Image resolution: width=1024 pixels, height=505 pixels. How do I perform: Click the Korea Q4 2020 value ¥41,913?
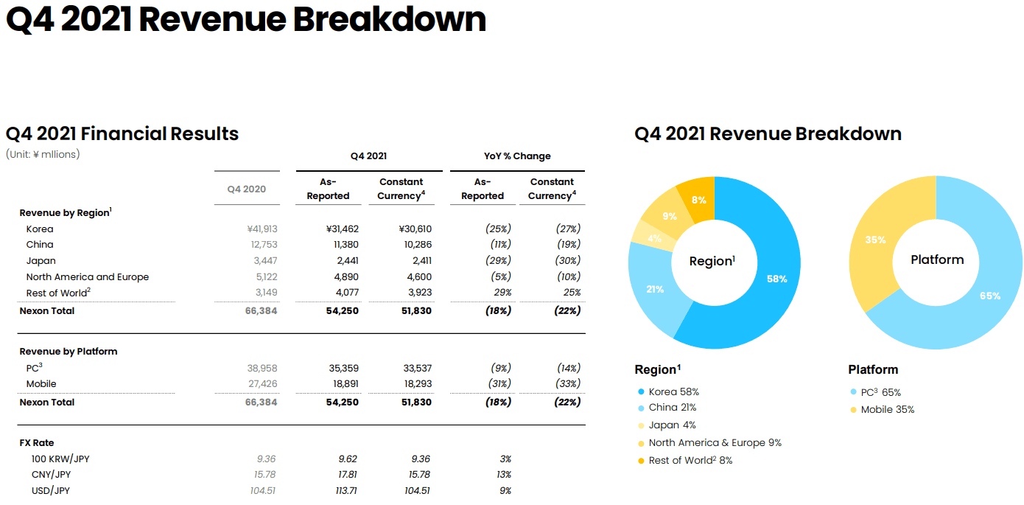click(x=262, y=229)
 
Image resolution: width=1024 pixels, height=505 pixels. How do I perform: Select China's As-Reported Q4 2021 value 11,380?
click(x=343, y=245)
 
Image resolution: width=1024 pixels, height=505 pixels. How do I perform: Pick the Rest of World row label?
click(x=58, y=293)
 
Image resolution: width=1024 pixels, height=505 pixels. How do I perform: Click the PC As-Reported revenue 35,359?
click(x=343, y=368)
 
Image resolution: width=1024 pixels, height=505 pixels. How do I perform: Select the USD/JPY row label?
click(x=51, y=491)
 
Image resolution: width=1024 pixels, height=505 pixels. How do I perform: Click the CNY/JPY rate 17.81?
click(x=346, y=475)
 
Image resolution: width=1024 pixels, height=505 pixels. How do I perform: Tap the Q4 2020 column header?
click(x=247, y=189)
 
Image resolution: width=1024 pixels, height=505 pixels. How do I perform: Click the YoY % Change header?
click(x=517, y=156)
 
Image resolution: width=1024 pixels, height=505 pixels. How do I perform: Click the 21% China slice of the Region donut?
click(x=655, y=289)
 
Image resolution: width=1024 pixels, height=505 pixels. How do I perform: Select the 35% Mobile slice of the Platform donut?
click(x=875, y=240)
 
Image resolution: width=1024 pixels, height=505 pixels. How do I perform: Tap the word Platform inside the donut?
click(x=937, y=260)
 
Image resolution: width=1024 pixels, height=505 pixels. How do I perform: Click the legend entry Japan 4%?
click(x=672, y=425)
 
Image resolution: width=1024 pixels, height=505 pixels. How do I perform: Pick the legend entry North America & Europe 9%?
click(x=715, y=443)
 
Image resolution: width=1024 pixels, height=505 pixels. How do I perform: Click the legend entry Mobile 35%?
click(x=887, y=410)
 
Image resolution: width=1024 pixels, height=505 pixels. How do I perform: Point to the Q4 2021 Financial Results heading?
click(x=122, y=134)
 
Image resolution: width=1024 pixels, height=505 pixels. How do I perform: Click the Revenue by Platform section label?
click(x=69, y=352)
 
